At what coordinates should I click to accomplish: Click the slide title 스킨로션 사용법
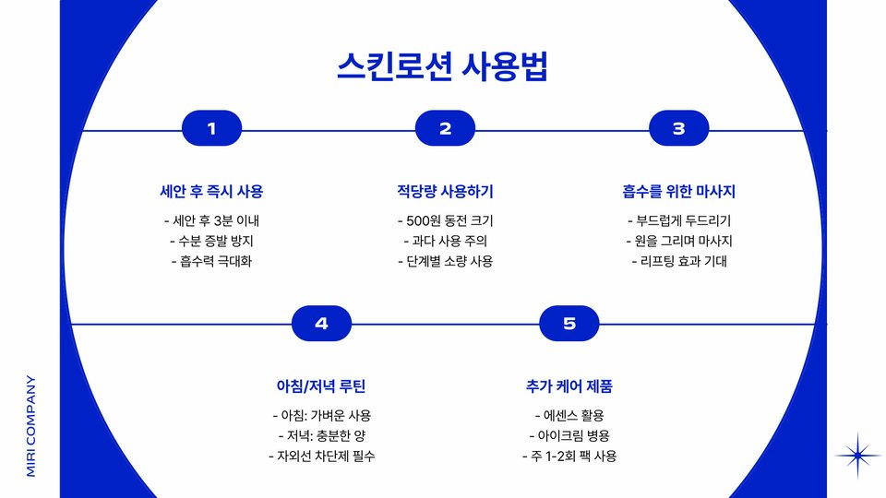[x=444, y=67]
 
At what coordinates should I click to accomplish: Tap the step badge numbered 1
[x=211, y=129]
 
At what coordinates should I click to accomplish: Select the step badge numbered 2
[x=445, y=129]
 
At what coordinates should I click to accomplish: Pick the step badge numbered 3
[x=678, y=129]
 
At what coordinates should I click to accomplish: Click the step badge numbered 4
[x=321, y=324]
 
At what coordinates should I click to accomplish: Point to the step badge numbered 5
[x=569, y=324]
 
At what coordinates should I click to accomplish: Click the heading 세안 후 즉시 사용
[x=211, y=192]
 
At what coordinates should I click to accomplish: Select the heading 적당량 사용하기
[x=445, y=192]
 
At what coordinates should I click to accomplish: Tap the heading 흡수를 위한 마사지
[x=678, y=192]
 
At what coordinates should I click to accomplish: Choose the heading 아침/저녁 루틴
[x=321, y=385]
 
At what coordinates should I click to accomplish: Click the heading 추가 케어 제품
[x=569, y=385]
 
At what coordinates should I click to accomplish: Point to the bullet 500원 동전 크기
[x=445, y=221]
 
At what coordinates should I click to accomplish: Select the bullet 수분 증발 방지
[x=211, y=241]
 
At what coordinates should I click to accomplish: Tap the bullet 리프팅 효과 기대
[x=678, y=261]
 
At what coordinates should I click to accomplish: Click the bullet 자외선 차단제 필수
[x=321, y=456]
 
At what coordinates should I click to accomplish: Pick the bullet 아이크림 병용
[x=569, y=435]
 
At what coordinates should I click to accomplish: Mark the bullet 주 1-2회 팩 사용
[x=569, y=456]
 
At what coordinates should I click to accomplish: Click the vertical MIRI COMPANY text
[x=30, y=425]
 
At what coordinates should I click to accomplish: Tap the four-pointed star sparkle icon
[x=858, y=455]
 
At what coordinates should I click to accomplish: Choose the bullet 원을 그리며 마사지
[x=678, y=241]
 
